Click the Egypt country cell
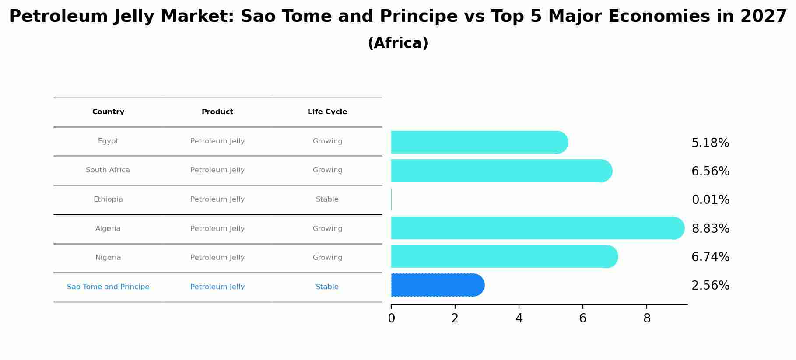pyautogui.click(x=108, y=141)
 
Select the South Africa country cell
pyautogui.click(x=108, y=170)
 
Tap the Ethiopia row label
pyautogui.click(x=108, y=199)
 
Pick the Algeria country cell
pyautogui.click(x=108, y=229)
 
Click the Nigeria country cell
pyautogui.click(x=108, y=258)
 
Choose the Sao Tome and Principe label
pyautogui.click(x=108, y=287)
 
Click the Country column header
pyautogui.click(x=108, y=112)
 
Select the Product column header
pyautogui.click(x=217, y=112)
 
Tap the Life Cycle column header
pyautogui.click(x=327, y=112)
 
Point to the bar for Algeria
pyautogui.click(x=537, y=228)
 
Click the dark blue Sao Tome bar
pyautogui.click(x=438, y=285)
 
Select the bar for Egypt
pyautogui.click(x=480, y=142)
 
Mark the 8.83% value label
pyautogui.click(x=710, y=229)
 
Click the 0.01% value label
pyautogui.click(x=710, y=200)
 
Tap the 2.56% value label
pyautogui.click(x=710, y=286)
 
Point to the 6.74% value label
pyautogui.click(x=710, y=257)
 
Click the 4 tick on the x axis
pyautogui.click(x=519, y=318)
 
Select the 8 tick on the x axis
pyautogui.click(x=647, y=318)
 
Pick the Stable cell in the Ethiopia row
pyautogui.click(x=327, y=199)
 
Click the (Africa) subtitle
pyautogui.click(x=398, y=43)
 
